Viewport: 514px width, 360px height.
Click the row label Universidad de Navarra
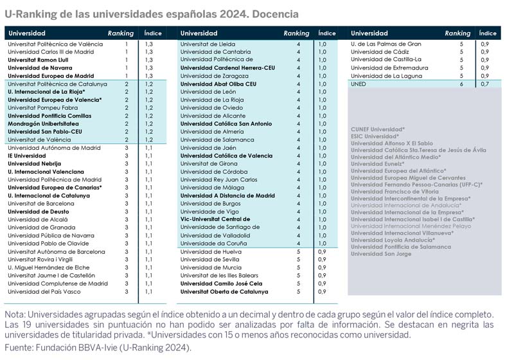40,68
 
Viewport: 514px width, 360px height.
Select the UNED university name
359,84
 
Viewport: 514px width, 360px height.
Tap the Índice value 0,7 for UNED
485,84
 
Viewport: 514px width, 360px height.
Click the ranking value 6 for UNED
461,84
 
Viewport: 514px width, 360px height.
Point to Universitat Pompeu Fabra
43,108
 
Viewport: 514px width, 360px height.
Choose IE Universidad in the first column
27,156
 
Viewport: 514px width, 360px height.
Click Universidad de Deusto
39,212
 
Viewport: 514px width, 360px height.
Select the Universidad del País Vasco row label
44,291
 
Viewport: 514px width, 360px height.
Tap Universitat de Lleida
208,44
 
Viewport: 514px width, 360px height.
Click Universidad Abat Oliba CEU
218,84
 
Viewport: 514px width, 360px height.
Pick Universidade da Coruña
213,243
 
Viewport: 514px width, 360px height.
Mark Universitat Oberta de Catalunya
224,291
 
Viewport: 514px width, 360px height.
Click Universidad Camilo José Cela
221,283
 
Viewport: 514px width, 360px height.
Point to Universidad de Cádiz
380,52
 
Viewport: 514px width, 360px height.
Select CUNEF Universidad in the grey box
378,129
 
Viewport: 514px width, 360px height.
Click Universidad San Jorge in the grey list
381,254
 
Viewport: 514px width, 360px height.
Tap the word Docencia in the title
275,14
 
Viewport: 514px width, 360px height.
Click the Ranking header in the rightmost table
457,33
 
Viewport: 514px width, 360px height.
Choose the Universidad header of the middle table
199,33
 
